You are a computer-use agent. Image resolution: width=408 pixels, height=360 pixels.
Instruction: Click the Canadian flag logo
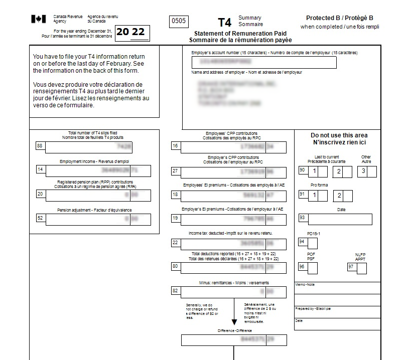39,19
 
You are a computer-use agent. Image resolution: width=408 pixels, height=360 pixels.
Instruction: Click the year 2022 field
132,33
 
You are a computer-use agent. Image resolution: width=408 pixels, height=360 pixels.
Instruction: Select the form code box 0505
178,21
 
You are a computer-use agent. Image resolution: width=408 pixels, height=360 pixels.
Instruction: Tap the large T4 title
225,23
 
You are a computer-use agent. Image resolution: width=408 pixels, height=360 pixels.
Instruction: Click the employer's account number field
264,62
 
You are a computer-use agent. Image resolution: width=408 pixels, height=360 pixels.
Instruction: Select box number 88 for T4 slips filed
40,146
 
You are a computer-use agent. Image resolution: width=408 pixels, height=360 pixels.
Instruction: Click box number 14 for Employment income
40,170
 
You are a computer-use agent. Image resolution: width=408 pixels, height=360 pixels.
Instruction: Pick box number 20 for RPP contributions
40,194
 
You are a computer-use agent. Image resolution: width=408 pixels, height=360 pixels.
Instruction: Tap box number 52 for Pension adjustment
40,218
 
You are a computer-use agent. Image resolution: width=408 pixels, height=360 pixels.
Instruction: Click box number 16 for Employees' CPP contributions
175,146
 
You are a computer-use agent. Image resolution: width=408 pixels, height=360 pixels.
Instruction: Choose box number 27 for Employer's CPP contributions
175,171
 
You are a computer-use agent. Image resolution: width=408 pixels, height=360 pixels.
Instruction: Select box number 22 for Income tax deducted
175,243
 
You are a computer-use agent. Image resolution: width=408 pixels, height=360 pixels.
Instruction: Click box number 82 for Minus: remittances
175,291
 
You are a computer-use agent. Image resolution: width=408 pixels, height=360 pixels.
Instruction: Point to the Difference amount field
234,339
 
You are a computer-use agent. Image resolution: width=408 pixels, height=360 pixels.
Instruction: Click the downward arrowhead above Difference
234,322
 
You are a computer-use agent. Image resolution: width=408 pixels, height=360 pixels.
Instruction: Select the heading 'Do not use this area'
339,135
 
